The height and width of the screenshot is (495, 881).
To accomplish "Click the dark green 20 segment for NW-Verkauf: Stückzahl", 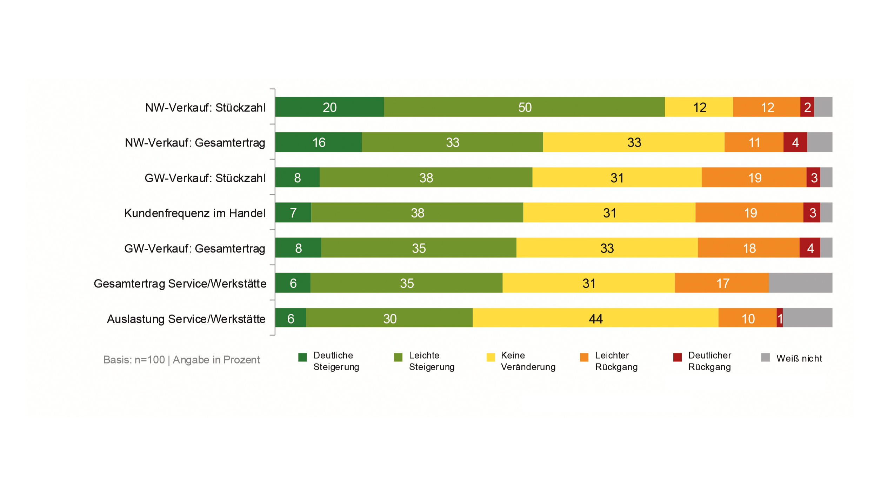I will [x=329, y=107].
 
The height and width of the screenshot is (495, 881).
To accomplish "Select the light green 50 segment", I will [x=524, y=107].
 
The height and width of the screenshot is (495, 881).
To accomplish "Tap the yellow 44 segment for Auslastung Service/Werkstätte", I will [x=595, y=318].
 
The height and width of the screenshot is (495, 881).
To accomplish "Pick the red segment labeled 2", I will [x=807, y=107].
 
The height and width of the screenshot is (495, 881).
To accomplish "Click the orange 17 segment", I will [x=722, y=283].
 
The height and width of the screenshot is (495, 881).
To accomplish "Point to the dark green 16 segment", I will [x=318, y=142].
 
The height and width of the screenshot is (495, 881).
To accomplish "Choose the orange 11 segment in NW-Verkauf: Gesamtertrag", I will [x=754, y=142].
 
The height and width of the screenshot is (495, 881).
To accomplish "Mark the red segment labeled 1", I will [x=780, y=318].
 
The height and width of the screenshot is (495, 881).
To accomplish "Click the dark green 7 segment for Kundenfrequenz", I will [x=293, y=212].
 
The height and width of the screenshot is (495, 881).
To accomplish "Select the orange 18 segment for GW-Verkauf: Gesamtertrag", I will [x=748, y=248].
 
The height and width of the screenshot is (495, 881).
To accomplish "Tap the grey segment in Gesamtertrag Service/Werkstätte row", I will [x=800, y=283].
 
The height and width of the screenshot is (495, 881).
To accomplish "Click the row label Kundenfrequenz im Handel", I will [x=195, y=213].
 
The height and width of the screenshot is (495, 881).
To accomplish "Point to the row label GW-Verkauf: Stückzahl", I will [x=205, y=178].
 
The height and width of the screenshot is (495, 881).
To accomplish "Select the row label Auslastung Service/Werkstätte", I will [x=186, y=319].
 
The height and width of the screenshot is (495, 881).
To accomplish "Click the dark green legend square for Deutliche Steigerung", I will [x=302, y=357].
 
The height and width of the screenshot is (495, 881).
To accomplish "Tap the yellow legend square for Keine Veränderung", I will [x=490, y=357].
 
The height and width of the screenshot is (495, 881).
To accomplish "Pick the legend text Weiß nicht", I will [x=799, y=359].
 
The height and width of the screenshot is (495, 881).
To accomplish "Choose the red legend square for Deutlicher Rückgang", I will [x=678, y=357].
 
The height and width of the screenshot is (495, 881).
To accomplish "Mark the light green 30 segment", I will [x=389, y=318].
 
